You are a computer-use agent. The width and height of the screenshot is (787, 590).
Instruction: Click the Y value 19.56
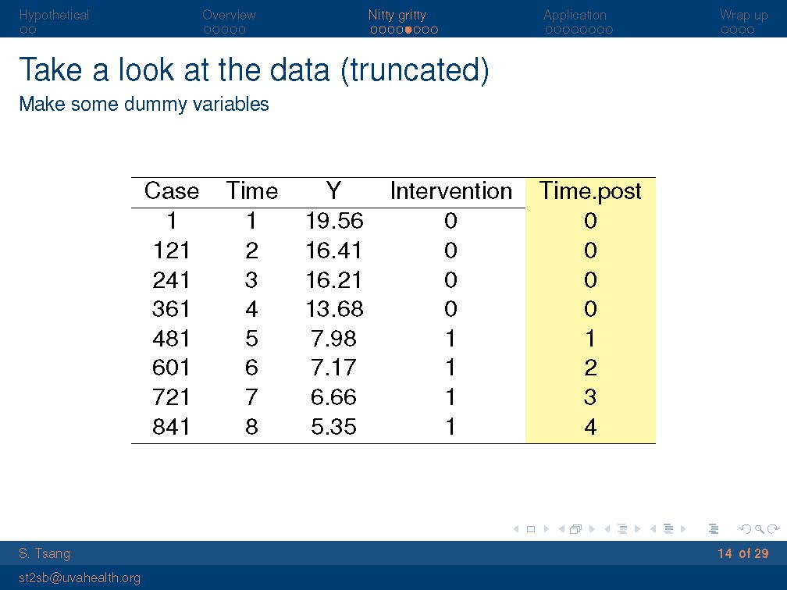pos(334,221)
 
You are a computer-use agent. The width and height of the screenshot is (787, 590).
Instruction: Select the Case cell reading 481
pos(171,338)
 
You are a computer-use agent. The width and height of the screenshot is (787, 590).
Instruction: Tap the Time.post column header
pos(590,191)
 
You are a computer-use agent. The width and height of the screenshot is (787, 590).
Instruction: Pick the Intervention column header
pos(450,191)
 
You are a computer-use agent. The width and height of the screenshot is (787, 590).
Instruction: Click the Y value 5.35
pos(333,426)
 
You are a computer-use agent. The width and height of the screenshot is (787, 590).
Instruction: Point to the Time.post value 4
pos(590,426)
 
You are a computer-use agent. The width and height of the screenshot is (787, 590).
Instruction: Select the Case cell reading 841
pos(171,426)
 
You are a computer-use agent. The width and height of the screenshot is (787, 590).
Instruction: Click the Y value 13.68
pos(334,308)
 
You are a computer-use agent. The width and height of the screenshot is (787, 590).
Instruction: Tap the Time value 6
pos(251,368)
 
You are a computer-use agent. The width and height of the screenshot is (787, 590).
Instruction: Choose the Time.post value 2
pos(590,368)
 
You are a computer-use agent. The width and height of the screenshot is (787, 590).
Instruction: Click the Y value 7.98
pos(333,338)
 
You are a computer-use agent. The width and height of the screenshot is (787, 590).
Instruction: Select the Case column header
pos(172,191)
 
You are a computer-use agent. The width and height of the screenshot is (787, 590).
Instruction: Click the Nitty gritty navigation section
pos(397,15)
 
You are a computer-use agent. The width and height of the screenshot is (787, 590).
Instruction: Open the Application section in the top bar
pos(575,15)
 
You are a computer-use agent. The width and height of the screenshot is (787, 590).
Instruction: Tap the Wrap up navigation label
pos(743,15)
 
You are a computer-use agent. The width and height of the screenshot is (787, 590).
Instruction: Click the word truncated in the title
pos(415,69)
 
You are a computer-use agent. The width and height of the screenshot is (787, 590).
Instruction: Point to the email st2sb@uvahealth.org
pos(80,578)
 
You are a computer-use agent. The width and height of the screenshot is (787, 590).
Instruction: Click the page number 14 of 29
pos(742,553)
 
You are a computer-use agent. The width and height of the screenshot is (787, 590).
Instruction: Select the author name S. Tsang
pos(45,553)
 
